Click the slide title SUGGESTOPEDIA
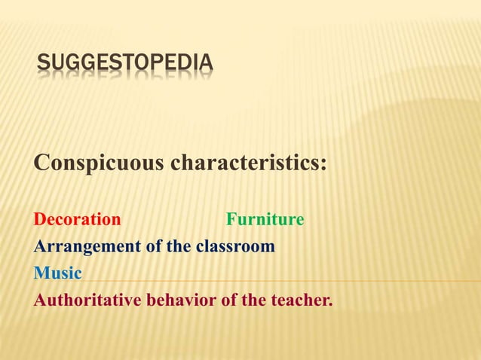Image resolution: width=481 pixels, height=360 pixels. pos(124,65)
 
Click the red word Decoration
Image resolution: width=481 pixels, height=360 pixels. pos(77,220)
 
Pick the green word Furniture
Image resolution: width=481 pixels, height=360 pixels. pos(265,220)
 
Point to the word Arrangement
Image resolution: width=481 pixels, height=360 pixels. pos(81,246)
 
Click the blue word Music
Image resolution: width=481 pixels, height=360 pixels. pos(57,273)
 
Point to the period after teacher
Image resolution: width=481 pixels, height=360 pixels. pos(329,304)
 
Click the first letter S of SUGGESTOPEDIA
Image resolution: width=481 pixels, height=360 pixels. pos(43,65)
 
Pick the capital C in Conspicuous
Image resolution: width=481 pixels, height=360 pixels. pos(41,162)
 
